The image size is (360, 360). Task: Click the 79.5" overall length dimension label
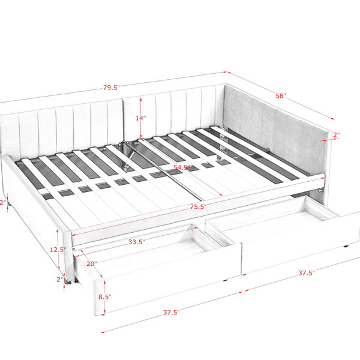click(112, 88)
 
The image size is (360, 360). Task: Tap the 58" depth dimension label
click(281, 95)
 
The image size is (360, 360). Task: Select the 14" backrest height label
click(140, 118)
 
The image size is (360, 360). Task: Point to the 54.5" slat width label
click(182, 167)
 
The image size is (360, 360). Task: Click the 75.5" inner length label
click(198, 206)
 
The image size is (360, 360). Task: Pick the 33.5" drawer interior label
click(137, 242)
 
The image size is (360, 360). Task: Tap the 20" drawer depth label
click(91, 263)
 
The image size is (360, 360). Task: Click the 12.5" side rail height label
click(58, 250)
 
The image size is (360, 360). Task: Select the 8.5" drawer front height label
click(104, 296)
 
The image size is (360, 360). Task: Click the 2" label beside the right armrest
click(337, 135)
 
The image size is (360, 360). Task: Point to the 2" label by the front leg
click(60, 279)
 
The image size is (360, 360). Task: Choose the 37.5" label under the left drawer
click(172, 312)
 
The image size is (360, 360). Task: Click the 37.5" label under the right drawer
click(307, 273)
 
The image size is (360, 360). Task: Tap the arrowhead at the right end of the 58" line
click(332, 118)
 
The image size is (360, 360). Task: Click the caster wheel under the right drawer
click(345, 247)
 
